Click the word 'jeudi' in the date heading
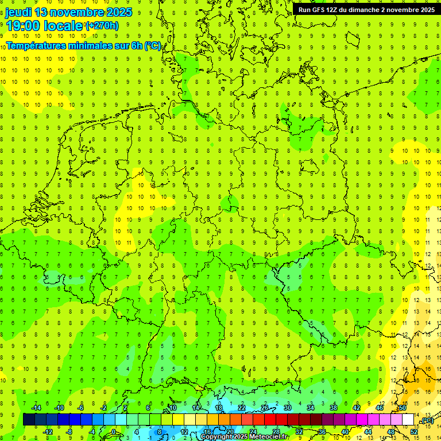tap(18, 12)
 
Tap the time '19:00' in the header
tap(23, 25)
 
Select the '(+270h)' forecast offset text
tap(102, 25)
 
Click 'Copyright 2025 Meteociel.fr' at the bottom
tap(244, 437)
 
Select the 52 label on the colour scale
tap(414, 431)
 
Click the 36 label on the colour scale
tap(322, 431)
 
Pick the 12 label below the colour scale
tap(184, 431)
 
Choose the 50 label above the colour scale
tap(403, 408)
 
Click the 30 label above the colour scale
tap(288, 408)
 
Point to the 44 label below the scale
tap(368, 431)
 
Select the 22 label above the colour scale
tap(242, 408)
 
